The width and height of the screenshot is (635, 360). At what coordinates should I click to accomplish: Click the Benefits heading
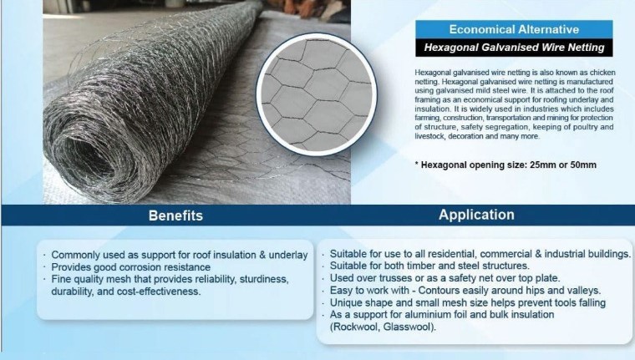[175, 215]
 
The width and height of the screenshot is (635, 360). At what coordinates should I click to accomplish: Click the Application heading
[476, 215]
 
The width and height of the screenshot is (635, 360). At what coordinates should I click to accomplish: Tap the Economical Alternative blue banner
[514, 29]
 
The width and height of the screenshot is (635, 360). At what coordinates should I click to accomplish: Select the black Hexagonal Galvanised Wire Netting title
[514, 48]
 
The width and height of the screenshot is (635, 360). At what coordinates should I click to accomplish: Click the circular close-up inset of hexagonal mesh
[317, 94]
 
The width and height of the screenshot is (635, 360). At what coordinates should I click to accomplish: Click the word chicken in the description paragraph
[602, 73]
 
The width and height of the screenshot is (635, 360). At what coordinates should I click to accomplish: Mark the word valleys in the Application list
[584, 291]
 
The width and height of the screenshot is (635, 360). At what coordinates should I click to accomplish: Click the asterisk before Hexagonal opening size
[417, 163]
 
